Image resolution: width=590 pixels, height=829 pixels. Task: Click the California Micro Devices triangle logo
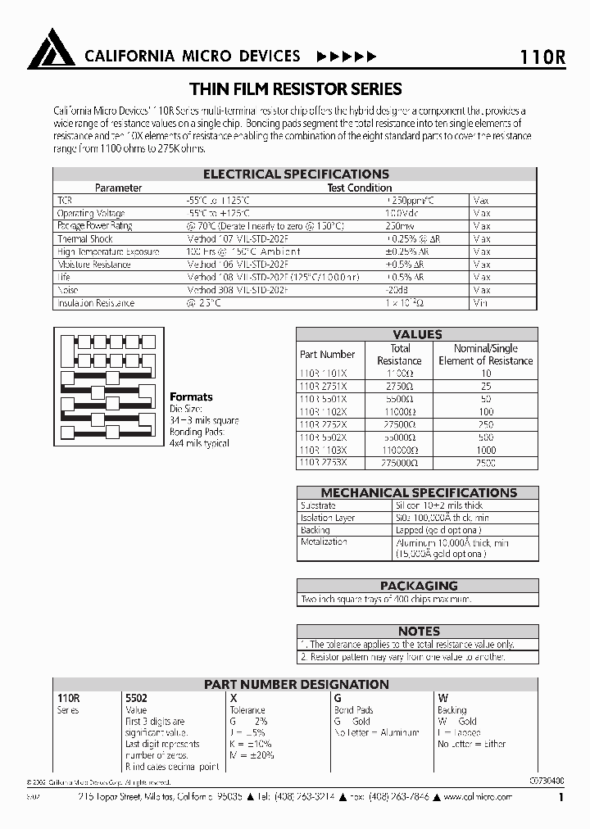click(x=51, y=50)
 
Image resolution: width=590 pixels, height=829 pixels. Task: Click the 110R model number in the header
click(x=542, y=57)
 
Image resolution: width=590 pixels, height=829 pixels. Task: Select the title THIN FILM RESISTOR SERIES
click(x=295, y=88)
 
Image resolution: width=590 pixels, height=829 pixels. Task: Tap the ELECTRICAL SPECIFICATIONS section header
click(x=296, y=174)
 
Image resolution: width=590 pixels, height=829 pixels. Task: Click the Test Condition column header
click(x=360, y=188)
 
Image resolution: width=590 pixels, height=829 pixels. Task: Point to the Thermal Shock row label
click(x=85, y=239)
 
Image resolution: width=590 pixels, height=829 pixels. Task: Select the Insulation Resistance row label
click(x=95, y=303)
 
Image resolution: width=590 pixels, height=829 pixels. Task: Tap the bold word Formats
click(x=191, y=396)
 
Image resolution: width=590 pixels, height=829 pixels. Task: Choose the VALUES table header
click(x=417, y=334)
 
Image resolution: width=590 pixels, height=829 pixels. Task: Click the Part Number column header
click(x=327, y=355)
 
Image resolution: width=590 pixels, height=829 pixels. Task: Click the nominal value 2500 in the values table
click(x=486, y=463)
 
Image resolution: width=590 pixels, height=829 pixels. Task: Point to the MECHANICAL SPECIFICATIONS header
click(x=418, y=492)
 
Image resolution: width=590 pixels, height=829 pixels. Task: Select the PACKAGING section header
click(x=418, y=586)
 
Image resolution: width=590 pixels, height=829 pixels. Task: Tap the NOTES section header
click(x=418, y=632)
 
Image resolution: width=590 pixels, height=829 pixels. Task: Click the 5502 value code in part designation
click(x=136, y=698)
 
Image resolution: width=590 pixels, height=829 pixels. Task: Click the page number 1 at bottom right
click(x=560, y=796)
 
